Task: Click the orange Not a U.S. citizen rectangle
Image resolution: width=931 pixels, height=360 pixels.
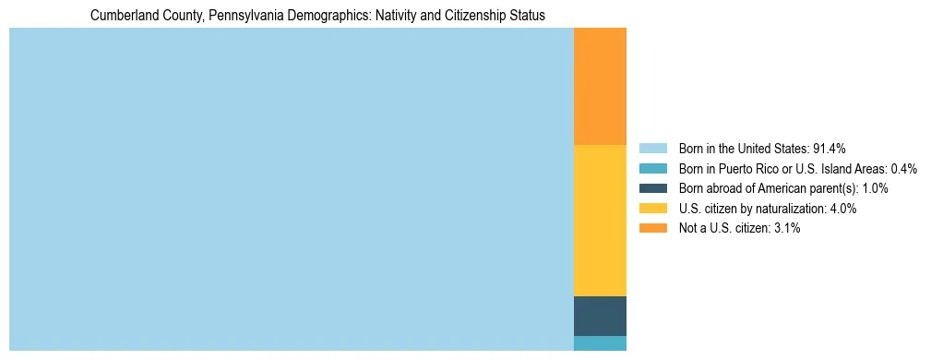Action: pyautogui.click(x=600, y=87)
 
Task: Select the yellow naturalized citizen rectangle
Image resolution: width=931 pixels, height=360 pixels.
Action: pyautogui.click(x=600, y=221)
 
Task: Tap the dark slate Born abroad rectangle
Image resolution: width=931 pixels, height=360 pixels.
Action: pyautogui.click(x=600, y=316)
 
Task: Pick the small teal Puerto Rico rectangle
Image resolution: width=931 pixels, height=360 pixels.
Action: pyautogui.click(x=600, y=343)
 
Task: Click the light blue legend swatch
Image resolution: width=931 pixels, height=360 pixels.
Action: pyautogui.click(x=652, y=149)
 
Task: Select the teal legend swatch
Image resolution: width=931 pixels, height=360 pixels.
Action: pyautogui.click(x=652, y=169)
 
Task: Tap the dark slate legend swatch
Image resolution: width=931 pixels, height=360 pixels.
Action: pyautogui.click(x=652, y=188)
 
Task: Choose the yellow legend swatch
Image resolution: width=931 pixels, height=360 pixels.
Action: pyautogui.click(x=652, y=209)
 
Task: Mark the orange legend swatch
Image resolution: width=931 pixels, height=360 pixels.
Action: pyautogui.click(x=652, y=229)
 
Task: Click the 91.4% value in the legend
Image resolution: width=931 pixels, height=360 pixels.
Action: pyautogui.click(x=829, y=149)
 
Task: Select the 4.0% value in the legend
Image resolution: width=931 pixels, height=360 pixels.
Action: pyautogui.click(x=841, y=209)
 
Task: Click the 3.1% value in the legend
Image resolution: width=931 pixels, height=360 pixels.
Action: pyautogui.click(x=785, y=229)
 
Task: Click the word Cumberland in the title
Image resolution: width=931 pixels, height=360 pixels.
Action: pyautogui.click(x=123, y=16)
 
